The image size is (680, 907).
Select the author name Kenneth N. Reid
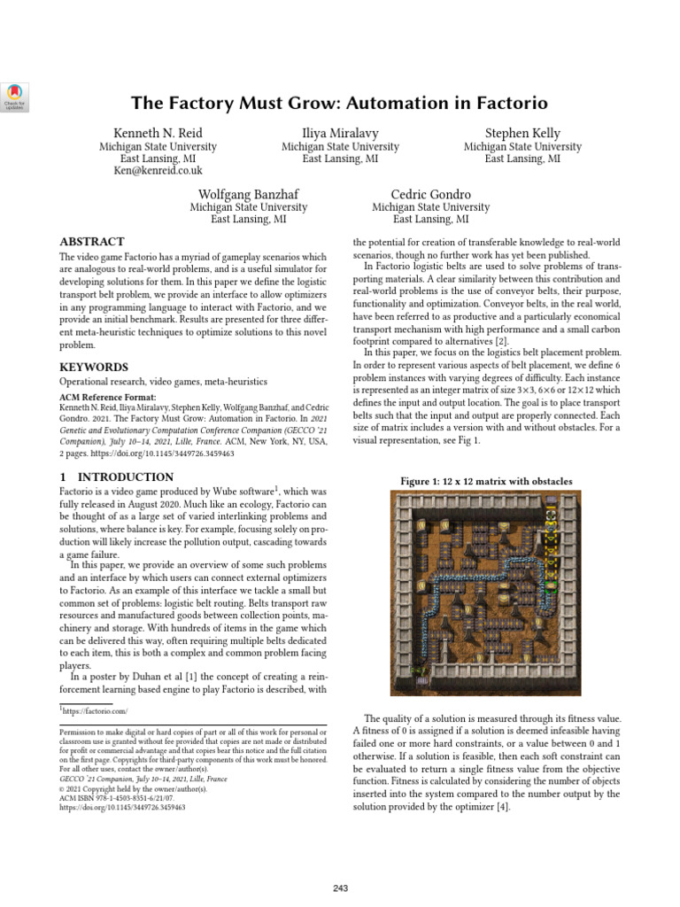tap(157, 133)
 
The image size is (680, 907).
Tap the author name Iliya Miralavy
tap(340, 133)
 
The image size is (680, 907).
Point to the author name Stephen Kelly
tap(522, 133)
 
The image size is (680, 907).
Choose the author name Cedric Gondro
tap(431, 194)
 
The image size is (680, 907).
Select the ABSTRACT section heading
tap(92, 242)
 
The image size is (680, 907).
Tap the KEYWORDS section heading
tap(94, 367)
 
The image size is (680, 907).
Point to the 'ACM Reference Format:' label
tap(107, 398)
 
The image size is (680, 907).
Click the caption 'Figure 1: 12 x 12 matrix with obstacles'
tap(486, 481)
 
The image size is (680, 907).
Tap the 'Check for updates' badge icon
tap(17, 97)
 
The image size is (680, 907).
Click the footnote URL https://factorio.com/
tap(97, 711)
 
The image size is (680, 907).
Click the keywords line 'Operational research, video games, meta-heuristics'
tap(164, 382)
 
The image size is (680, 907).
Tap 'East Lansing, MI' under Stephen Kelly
tap(522, 159)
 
